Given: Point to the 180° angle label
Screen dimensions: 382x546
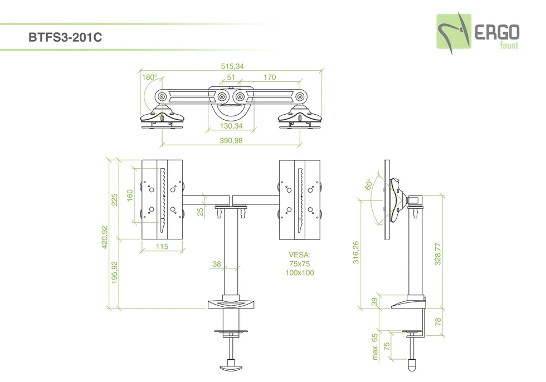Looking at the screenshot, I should [x=149, y=77].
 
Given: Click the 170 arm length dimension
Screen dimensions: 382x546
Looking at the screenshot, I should [x=269, y=77].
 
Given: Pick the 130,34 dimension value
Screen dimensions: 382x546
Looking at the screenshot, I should [x=231, y=126].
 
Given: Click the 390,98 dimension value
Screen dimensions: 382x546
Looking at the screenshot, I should [x=231, y=141].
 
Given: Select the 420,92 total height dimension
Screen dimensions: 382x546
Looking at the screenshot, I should [x=104, y=238].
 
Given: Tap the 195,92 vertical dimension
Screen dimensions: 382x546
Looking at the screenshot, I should [x=115, y=273].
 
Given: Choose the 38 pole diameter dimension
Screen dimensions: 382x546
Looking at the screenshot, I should [x=217, y=265].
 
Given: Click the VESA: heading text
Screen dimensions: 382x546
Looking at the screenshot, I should [x=300, y=254].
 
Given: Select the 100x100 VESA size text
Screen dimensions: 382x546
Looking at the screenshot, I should [x=300, y=273].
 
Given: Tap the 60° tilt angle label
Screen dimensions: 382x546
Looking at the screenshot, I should [x=368, y=184].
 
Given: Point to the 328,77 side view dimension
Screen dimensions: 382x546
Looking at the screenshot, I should [x=438, y=253].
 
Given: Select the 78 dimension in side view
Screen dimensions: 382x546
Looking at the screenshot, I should [x=437, y=322].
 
